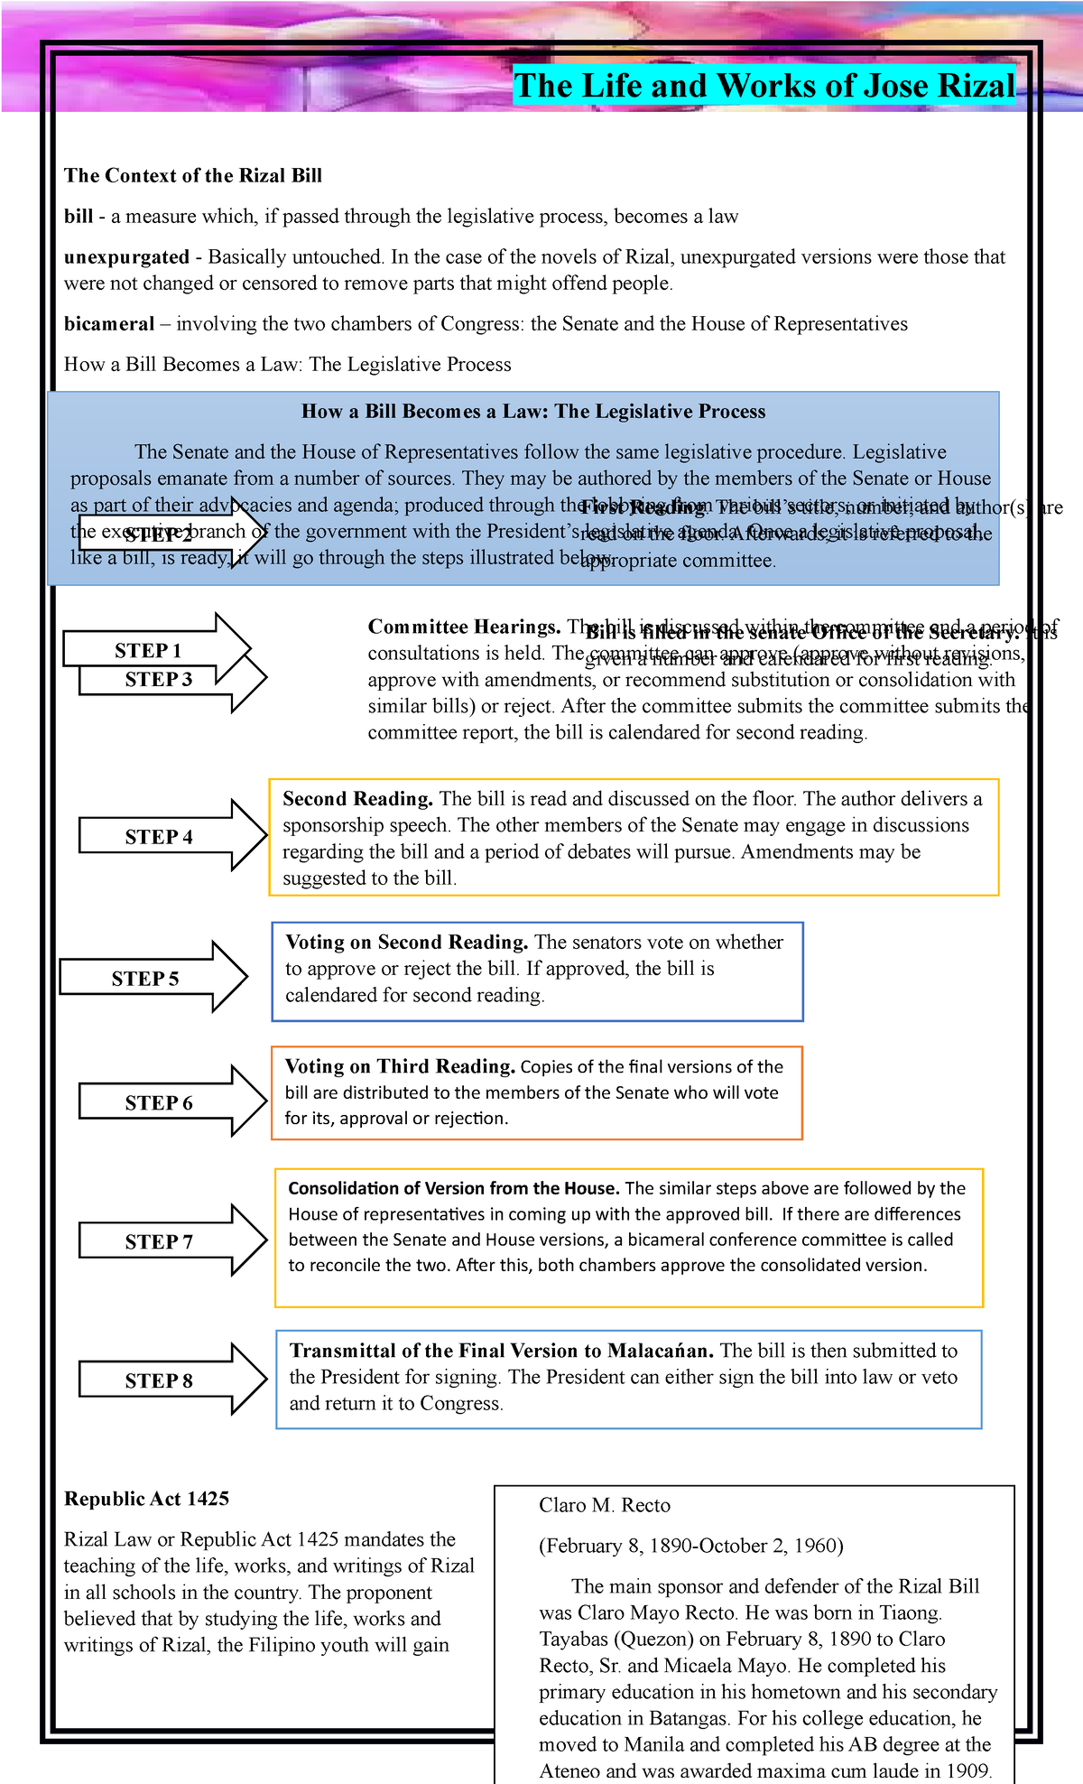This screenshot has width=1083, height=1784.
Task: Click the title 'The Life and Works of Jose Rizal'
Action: point(764,86)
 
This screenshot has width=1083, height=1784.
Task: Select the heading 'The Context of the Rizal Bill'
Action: point(193,175)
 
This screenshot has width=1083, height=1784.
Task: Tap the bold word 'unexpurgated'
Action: point(126,256)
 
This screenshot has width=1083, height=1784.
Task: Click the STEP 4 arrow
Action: point(171,836)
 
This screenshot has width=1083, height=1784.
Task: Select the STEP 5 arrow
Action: point(153,978)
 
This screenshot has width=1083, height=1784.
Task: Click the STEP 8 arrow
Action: point(171,1380)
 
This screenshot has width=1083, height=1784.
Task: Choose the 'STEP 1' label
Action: point(148,650)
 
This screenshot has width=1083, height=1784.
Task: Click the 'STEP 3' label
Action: point(159,680)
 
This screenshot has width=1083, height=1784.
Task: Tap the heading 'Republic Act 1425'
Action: point(146,1499)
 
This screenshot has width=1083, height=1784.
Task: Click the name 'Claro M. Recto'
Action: point(605,1505)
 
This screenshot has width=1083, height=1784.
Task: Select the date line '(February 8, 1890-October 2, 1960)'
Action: point(691,1546)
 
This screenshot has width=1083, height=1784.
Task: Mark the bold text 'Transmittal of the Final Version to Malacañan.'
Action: point(502,1351)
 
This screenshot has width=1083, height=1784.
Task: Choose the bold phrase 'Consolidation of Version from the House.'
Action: point(454,1188)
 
